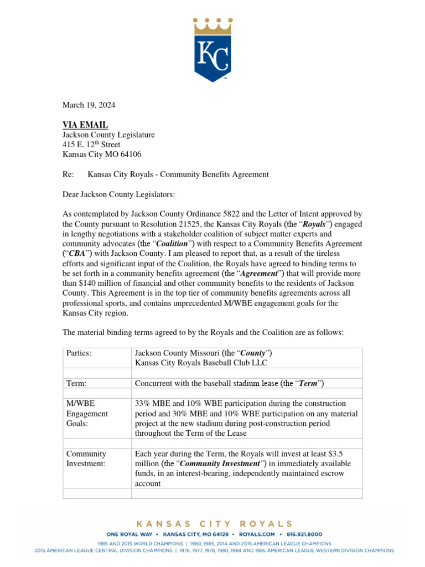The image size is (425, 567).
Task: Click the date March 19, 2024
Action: pos(89,105)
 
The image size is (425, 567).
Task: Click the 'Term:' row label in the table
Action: pos(76,383)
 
